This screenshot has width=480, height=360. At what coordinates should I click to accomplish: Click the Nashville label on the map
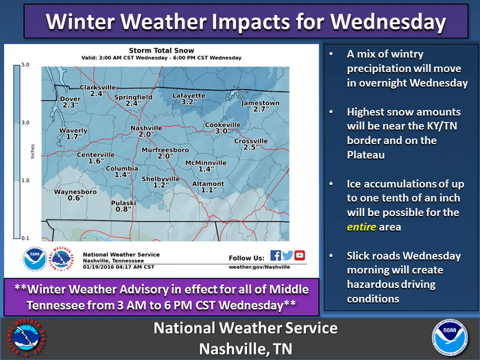[146, 128]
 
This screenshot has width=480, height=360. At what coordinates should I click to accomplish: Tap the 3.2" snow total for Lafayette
[189, 101]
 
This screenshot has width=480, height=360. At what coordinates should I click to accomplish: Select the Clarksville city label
[97, 87]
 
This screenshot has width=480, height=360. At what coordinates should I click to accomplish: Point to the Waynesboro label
[75, 191]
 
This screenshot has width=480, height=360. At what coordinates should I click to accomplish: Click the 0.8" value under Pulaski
[123, 209]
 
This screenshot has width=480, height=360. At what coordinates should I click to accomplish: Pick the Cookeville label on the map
[223, 125]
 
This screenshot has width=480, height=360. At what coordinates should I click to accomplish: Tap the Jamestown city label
[260, 103]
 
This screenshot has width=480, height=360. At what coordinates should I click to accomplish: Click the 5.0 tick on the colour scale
[25, 64]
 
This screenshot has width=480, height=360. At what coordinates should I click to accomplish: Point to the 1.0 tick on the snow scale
[25, 180]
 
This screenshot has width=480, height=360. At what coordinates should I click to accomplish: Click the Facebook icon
[276, 255]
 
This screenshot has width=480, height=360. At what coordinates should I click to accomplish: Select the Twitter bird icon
[287, 255]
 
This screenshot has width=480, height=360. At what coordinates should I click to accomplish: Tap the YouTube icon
[300, 255]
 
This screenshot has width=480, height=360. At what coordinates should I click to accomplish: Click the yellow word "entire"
[361, 227]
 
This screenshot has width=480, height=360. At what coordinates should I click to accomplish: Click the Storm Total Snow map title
[161, 51]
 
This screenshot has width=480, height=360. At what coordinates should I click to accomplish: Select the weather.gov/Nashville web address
[259, 267]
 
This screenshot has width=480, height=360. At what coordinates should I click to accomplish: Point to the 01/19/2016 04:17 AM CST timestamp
[119, 267]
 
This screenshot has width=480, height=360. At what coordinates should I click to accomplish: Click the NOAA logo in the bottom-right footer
[450, 337]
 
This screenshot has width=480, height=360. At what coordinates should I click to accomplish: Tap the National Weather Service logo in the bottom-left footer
[26, 337]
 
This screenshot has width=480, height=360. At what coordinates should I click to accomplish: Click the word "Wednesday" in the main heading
[388, 21]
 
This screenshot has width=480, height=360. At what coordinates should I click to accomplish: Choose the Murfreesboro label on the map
[165, 149]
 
